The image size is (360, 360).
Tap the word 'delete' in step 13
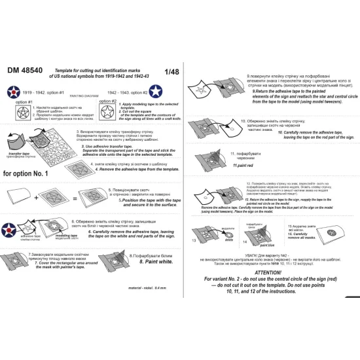[227, 239]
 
